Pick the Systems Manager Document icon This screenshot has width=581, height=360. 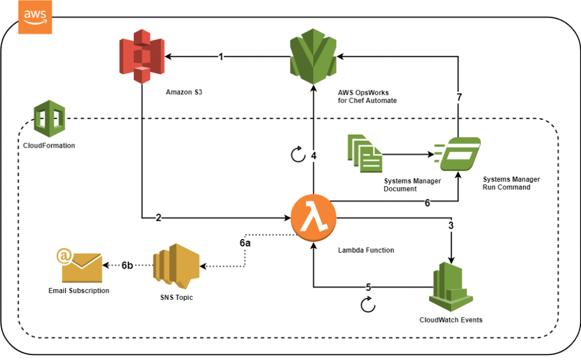tap(364, 153)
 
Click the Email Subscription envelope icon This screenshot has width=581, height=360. tap(79, 266)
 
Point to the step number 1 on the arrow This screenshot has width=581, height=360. tap(222, 57)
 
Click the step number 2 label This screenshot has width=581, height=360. tap(159, 217)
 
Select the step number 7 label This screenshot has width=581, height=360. tap(459, 97)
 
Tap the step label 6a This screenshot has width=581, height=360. tap(245, 242)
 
